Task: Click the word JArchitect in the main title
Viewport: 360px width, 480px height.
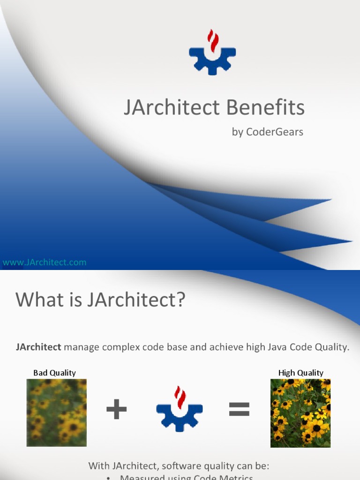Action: (x=172, y=108)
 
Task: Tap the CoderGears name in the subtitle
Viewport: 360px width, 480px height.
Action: (x=274, y=132)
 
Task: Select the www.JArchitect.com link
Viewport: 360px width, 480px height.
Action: (x=45, y=262)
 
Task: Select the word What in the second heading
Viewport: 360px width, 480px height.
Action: (x=35, y=300)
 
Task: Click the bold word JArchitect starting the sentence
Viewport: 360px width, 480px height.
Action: (x=38, y=347)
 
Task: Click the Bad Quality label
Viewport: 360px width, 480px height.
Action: (x=54, y=373)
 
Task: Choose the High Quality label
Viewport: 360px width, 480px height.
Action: (x=300, y=373)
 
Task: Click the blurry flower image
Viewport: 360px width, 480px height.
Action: (x=56, y=412)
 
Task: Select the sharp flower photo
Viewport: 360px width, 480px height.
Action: (x=300, y=412)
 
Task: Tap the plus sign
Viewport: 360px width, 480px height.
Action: (x=117, y=411)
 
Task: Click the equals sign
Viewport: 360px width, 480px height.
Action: (x=239, y=411)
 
